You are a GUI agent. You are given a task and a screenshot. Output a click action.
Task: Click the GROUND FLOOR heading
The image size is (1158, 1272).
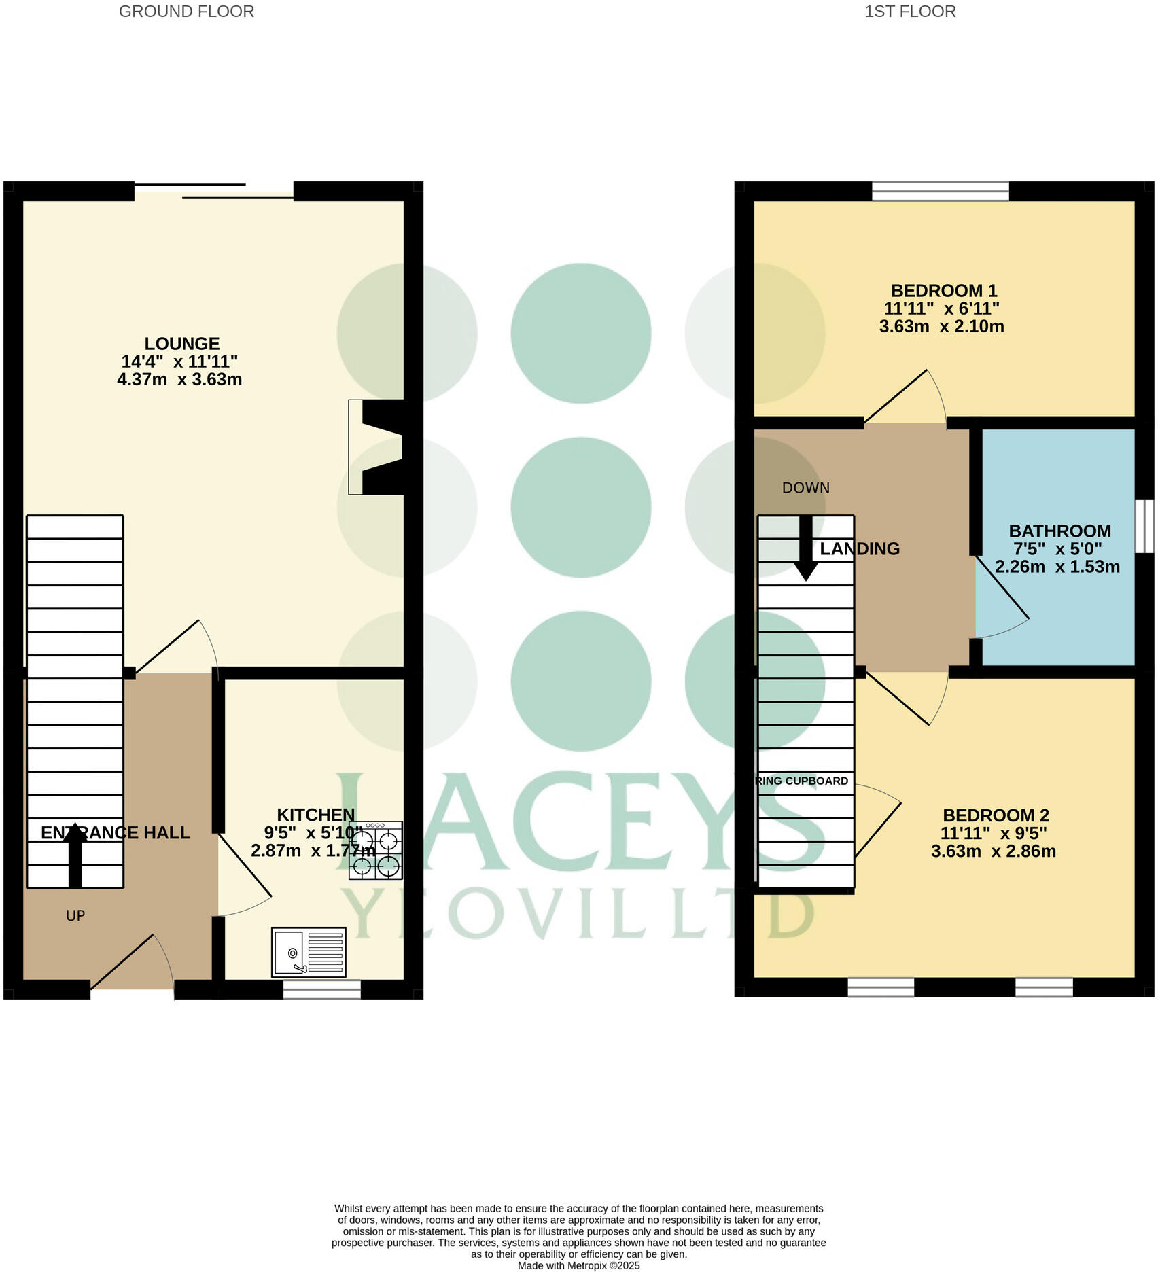pos(186,12)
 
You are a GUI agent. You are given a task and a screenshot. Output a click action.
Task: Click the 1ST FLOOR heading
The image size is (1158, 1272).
pos(910,12)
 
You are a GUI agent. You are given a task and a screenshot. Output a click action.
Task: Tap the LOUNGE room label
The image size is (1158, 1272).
pos(181,344)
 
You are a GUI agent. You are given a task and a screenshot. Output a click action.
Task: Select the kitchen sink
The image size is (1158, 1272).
pos(309,952)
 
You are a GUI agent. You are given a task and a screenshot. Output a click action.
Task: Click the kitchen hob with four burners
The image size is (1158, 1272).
pos(376,851)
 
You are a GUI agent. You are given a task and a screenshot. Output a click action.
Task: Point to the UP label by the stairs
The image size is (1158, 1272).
pos(75,916)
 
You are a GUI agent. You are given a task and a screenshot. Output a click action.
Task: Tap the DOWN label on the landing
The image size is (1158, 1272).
pos(806,488)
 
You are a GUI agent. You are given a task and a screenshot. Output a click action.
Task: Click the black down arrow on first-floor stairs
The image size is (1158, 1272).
pos(806,549)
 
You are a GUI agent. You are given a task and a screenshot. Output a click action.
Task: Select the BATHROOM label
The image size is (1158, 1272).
pos(1059,531)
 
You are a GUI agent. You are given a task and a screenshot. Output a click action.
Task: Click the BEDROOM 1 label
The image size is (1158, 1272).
pos(944,291)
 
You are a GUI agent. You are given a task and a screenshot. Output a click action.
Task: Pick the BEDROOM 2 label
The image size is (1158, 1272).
pos(996,815)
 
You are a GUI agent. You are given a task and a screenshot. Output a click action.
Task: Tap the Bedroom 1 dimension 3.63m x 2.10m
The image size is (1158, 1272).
pos(941,327)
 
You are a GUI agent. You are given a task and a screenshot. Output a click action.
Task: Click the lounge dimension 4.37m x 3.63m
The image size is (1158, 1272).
pos(179,380)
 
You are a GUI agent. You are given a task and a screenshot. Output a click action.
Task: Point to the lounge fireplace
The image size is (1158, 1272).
pos(378,446)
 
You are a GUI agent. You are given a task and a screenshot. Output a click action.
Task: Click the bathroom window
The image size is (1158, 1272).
pos(1145,527)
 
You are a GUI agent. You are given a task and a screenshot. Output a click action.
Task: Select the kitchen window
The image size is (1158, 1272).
pos(321,989)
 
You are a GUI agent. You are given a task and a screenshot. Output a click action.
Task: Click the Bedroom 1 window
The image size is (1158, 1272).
pos(941,192)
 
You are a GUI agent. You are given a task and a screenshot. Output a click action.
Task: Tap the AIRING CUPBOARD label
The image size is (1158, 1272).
pos(802,781)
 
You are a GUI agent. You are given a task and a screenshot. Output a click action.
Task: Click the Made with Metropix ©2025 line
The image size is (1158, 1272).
pos(578,1265)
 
